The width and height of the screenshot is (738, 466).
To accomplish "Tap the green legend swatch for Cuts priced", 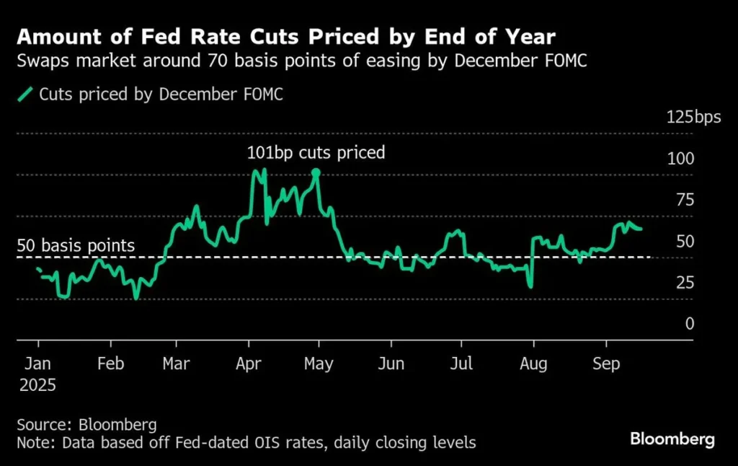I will click(26, 94).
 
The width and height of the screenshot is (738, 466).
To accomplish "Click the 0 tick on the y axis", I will click(689, 324).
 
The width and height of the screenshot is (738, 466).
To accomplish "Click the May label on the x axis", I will click(319, 364).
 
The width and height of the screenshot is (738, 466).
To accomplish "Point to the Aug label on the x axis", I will click(534, 364).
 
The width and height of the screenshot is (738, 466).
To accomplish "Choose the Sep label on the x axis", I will click(606, 364).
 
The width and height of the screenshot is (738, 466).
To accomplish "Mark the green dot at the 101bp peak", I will click(316, 172).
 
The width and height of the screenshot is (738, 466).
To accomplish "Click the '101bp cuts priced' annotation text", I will click(316, 153).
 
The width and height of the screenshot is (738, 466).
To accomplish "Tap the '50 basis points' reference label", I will click(76, 246).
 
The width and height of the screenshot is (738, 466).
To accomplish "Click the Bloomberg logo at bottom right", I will click(672, 438).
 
